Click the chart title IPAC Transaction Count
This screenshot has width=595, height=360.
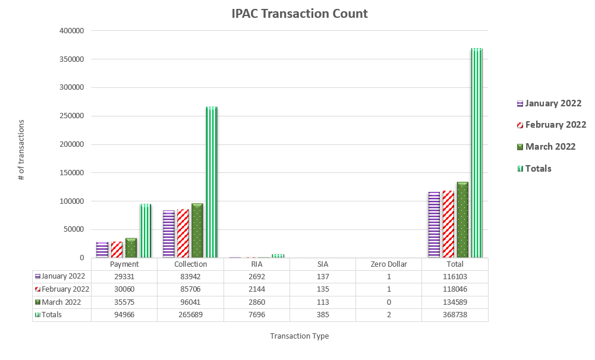pyautogui.click(x=300, y=13)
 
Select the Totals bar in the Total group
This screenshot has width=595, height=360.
pyautogui.click(x=477, y=153)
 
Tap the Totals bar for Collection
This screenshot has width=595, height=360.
pyautogui.click(x=212, y=182)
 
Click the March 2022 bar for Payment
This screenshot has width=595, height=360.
pyautogui.click(x=131, y=248)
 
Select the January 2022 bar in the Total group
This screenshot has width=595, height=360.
pyautogui.click(x=434, y=225)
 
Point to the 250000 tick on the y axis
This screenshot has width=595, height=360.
pyautogui.click(x=72, y=116)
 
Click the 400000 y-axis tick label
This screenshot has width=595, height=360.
pyautogui.click(x=72, y=31)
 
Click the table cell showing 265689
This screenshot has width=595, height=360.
pyautogui.click(x=191, y=315)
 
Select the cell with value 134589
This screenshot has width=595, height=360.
pyautogui.click(x=455, y=302)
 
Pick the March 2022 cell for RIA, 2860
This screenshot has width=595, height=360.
pyautogui.click(x=257, y=302)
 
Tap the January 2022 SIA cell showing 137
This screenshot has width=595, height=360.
pyautogui.click(x=323, y=276)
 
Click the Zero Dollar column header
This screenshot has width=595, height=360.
pyautogui.click(x=389, y=264)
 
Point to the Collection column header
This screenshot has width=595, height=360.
pyautogui.click(x=191, y=264)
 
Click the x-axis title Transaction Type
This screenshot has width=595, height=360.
pyautogui.click(x=299, y=336)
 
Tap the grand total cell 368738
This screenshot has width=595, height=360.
pyautogui.click(x=455, y=315)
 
